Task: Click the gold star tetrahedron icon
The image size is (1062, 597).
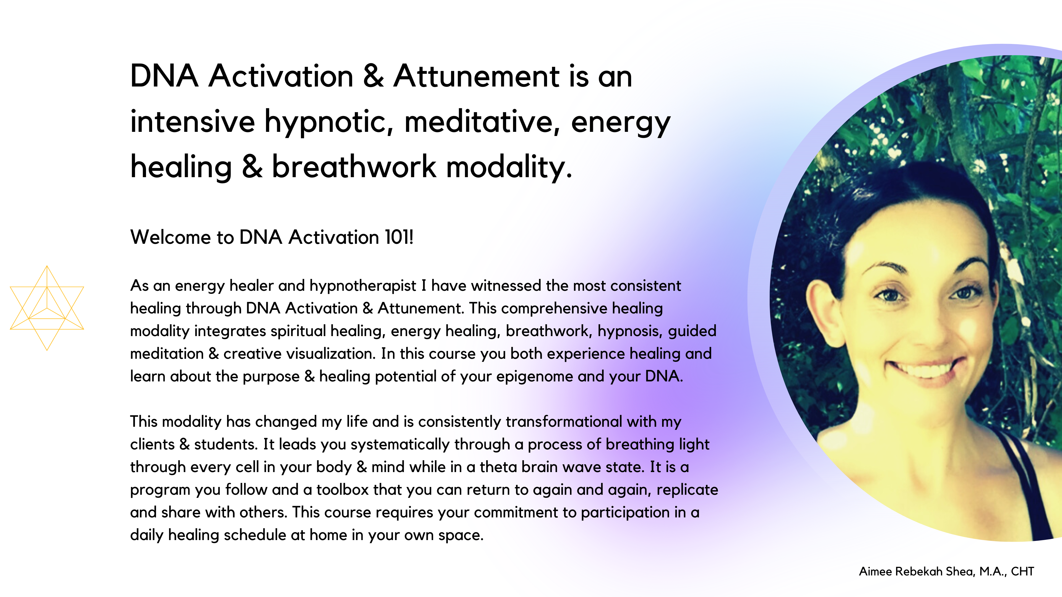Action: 47,308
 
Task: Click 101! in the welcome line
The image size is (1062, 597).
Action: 399,237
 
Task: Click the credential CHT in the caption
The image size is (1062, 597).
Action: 1022,572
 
